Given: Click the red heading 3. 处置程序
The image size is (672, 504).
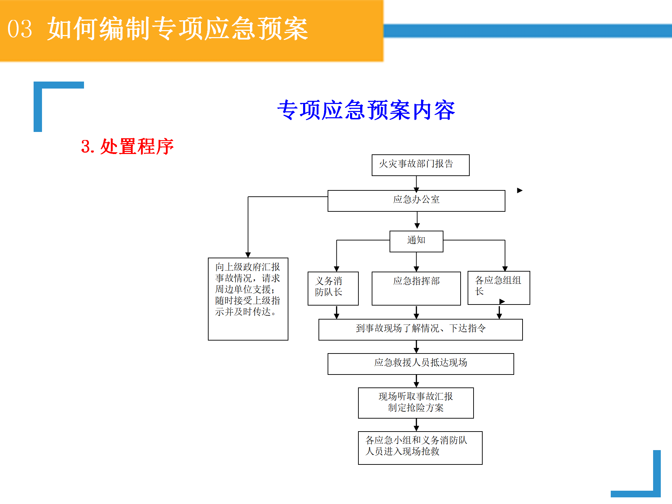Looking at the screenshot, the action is coord(127,146).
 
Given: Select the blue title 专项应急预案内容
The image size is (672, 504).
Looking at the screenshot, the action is coord(366,110).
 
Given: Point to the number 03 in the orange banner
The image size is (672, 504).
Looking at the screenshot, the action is coord(20,29).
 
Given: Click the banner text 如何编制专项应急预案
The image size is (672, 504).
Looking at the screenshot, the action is coord(177,29).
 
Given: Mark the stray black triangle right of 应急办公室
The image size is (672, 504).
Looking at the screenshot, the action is coord(520,190).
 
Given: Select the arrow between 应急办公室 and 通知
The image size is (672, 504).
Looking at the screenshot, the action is coord(417,220).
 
